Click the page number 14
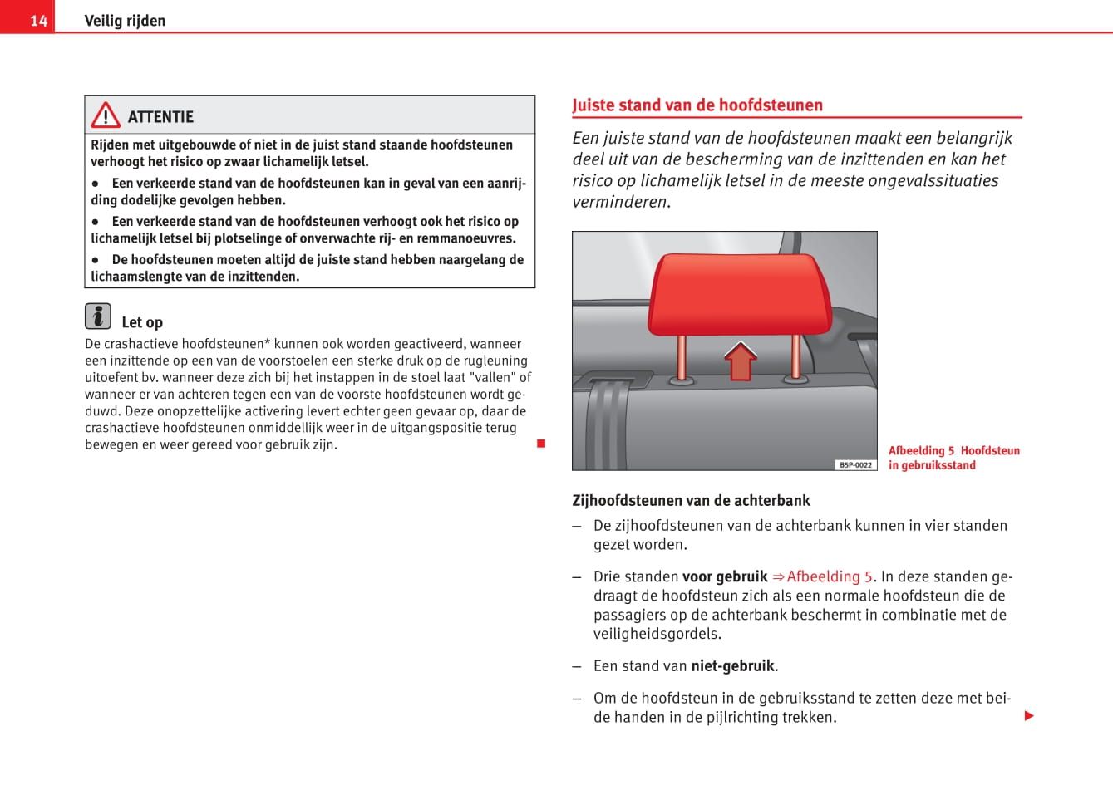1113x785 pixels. tap(38, 21)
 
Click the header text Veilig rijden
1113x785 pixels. tap(125, 21)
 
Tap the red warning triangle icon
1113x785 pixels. tap(106, 115)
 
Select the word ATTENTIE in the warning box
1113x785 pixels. tap(160, 117)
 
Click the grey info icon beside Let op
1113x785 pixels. tap(98, 316)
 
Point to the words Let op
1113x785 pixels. tap(142, 322)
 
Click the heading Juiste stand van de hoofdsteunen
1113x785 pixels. tap(697, 105)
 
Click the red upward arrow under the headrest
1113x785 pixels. tap(740, 361)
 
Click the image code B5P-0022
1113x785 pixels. tap(855, 465)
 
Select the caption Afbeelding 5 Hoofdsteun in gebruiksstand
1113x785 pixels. tap(953, 458)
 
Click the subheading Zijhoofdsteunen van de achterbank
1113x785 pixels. tap(691, 501)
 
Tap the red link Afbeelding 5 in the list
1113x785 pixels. tap(829, 576)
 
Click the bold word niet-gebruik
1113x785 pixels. tap(732, 666)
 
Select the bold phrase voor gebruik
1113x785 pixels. tap(725, 576)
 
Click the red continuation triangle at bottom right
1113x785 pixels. tap(1029, 716)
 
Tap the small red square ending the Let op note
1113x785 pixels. tap(541, 444)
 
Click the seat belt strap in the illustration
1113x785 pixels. tap(606, 424)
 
